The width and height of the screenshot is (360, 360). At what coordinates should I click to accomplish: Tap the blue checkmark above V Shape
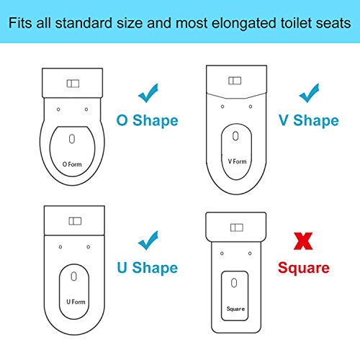coord(310,92)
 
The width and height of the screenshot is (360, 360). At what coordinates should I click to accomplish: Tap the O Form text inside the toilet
coord(74,163)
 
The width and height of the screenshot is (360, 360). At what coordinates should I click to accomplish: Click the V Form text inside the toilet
coord(237,161)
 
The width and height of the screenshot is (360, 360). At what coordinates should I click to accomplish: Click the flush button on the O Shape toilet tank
coord(73,84)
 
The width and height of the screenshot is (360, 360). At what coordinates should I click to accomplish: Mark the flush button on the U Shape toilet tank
coord(73,221)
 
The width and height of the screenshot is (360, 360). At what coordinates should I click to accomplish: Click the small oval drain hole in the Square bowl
coord(236,284)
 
